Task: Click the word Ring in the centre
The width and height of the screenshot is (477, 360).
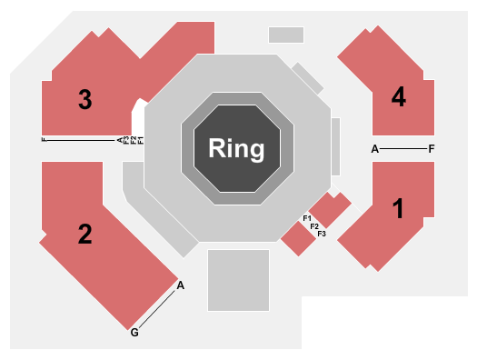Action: pyautogui.click(x=236, y=147)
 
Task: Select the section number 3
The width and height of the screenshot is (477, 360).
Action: pyautogui.click(x=84, y=100)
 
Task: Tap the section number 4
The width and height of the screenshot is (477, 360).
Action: pyautogui.click(x=398, y=97)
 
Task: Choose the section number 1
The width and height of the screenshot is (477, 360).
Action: pyautogui.click(x=397, y=209)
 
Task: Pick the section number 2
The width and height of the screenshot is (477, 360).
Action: pyautogui.click(x=84, y=235)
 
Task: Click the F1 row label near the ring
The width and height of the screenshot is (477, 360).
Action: pyautogui.click(x=307, y=217)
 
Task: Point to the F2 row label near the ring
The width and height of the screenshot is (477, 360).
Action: pyautogui.click(x=314, y=225)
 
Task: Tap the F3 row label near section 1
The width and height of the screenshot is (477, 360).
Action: pyautogui.click(x=321, y=234)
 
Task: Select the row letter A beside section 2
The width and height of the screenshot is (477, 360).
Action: pyautogui.click(x=181, y=285)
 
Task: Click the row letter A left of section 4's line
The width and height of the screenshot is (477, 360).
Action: pyautogui.click(x=374, y=148)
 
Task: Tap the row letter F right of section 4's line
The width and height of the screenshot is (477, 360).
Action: pyautogui.click(x=432, y=148)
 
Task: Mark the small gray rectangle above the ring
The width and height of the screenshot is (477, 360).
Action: pyautogui.click(x=285, y=35)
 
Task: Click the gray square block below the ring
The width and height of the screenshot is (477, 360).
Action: pyautogui.click(x=238, y=280)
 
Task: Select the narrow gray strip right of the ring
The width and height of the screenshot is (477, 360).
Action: pyautogui.click(x=335, y=146)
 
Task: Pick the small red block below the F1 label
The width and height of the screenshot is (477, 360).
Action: pyautogui.click(x=297, y=238)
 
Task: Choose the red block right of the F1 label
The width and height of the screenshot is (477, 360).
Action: pyautogui.click(x=331, y=210)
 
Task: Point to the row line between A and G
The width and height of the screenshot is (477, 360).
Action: pyautogui.click(x=158, y=308)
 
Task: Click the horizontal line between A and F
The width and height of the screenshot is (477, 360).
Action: pyautogui.click(x=402, y=148)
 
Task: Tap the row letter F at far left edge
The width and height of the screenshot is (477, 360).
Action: pyautogui.click(x=44, y=140)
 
